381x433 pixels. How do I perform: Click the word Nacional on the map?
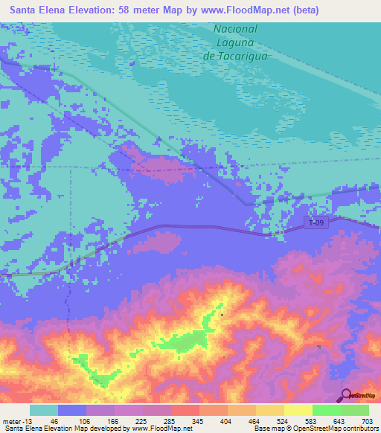[235, 28]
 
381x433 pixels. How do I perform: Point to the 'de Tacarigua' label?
[235, 55]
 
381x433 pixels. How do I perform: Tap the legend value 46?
[54, 420]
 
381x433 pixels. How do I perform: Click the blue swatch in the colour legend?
[71, 410]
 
